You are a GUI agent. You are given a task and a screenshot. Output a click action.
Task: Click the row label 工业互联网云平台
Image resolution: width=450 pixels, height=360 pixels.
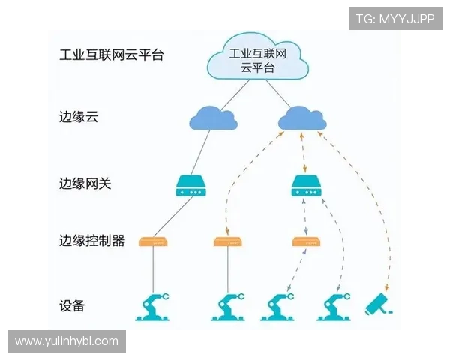pos(111,55)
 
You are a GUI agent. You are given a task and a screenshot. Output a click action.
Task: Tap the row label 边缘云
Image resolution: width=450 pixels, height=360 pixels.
pos(79,117)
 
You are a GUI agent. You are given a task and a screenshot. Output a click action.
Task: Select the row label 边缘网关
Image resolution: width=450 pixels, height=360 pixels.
pos(85,182)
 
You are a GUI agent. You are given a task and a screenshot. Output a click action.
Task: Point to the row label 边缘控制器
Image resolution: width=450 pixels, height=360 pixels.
pos(91,241)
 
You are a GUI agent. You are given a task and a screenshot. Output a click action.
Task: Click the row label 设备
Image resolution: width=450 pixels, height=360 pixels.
pos(72,306)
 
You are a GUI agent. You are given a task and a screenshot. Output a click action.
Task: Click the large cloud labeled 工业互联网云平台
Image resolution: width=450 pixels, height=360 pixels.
pos(257,59)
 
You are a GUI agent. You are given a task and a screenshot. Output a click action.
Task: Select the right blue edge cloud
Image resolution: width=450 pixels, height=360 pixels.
pos(301,118)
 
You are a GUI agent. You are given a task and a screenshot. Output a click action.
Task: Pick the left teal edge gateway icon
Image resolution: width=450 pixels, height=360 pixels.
pos(190,186)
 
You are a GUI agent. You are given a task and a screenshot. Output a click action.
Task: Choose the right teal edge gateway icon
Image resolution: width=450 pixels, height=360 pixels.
pos(306,186)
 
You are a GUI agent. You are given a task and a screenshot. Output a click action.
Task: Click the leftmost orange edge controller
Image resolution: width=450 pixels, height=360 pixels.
pos(154,241)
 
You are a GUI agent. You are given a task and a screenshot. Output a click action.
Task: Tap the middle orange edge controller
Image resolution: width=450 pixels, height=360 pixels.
pos(228,241)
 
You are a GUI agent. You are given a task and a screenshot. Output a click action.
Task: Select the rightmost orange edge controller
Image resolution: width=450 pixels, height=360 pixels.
pos(306,241)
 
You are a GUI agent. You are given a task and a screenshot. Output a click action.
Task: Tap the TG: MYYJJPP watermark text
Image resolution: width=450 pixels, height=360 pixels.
pos(395,19)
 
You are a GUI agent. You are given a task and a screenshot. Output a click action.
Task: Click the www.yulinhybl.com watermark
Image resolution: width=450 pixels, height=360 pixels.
pos(66,341)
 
